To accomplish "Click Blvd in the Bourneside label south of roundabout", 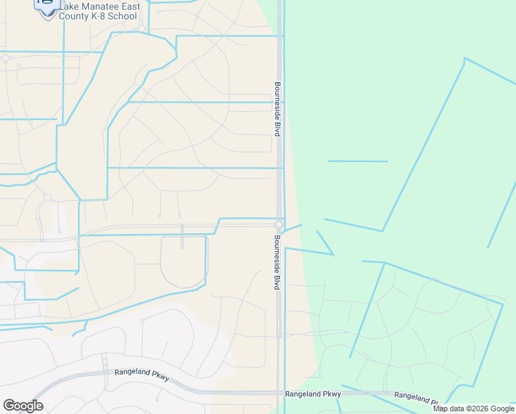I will [277, 282].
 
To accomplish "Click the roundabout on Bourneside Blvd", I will [279, 225].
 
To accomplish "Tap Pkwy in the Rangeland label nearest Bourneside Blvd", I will [332, 394].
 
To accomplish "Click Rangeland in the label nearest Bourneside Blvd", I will [302, 394].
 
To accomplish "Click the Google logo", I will [23, 406].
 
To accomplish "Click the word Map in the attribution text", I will [441, 408].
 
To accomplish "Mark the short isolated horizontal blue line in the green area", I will [357, 161].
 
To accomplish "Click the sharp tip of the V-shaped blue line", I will [334, 255].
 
